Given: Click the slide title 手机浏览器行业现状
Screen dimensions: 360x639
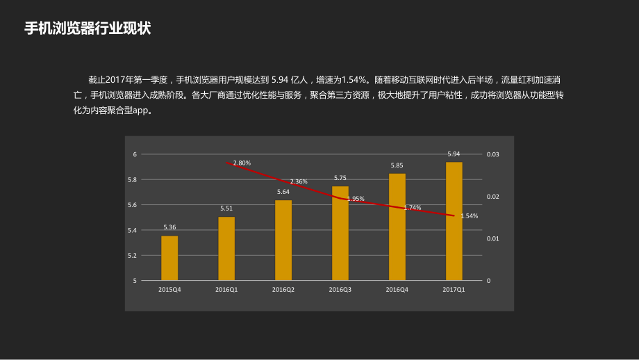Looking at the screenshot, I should (x=88, y=28).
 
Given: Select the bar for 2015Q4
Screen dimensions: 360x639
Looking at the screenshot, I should (x=169, y=259).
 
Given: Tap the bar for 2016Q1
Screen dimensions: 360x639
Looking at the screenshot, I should (x=226, y=249).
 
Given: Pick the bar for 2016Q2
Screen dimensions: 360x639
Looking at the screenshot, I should (x=283, y=240).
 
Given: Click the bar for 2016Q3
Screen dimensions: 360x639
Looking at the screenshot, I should (x=340, y=234).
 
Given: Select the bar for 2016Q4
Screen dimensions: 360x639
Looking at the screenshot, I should (x=397, y=227).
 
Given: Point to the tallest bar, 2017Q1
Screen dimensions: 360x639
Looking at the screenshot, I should (x=454, y=222).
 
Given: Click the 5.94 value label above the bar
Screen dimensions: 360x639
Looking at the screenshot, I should (x=454, y=154).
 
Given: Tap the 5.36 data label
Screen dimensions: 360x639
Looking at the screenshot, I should (x=169, y=227).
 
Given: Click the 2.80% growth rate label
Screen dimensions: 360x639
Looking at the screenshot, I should (x=242, y=163).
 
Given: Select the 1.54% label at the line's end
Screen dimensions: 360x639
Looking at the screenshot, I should (x=469, y=216).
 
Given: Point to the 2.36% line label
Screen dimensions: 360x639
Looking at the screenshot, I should (x=299, y=181).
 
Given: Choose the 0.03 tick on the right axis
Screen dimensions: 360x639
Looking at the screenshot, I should (x=492, y=154).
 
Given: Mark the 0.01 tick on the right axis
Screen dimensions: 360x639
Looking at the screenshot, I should (x=492, y=238).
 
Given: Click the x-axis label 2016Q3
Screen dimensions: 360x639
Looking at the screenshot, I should (x=340, y=289).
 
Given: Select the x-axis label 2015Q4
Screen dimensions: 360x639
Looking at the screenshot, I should (x=169, y=289).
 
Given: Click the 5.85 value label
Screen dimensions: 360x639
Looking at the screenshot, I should (x=397, y=165).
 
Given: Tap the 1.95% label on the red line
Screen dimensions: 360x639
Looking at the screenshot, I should (x=356, y=199).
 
